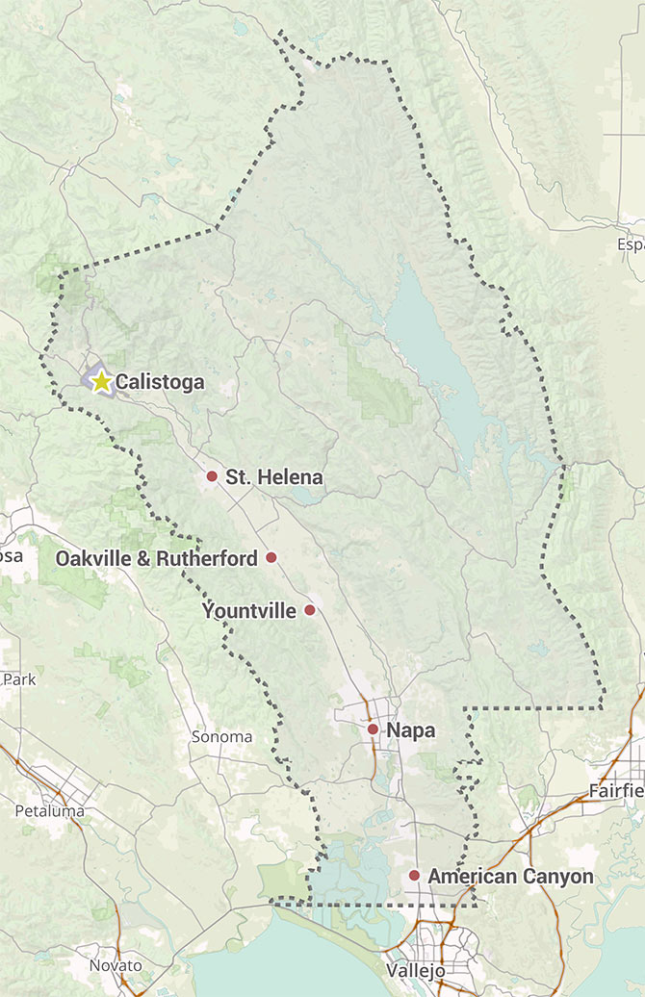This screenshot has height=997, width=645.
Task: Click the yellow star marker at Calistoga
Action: point(102,381)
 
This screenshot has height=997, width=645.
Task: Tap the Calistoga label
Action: point(160,382)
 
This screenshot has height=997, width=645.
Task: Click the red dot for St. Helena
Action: point(212,475)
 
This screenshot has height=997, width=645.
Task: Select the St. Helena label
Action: point(274,476)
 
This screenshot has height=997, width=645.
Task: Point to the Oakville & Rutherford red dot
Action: point(271,557)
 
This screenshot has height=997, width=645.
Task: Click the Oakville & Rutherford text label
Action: point(156,558)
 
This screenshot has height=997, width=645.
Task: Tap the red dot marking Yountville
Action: point(310,610)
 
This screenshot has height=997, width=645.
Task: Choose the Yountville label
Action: point(250,610)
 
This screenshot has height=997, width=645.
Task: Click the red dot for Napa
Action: point(373,729)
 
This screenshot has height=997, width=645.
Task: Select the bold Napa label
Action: point(411,730)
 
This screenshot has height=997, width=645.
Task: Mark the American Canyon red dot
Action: point(414,876)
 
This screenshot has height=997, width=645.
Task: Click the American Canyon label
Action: point(510,877)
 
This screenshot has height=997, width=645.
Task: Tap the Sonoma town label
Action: point(221,737)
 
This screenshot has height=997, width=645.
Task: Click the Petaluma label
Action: point(49,811)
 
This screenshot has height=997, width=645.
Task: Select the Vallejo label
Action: point(416,970)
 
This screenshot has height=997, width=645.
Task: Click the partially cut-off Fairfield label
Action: point(616,791)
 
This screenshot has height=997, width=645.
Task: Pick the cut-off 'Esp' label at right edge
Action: point(631,244)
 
